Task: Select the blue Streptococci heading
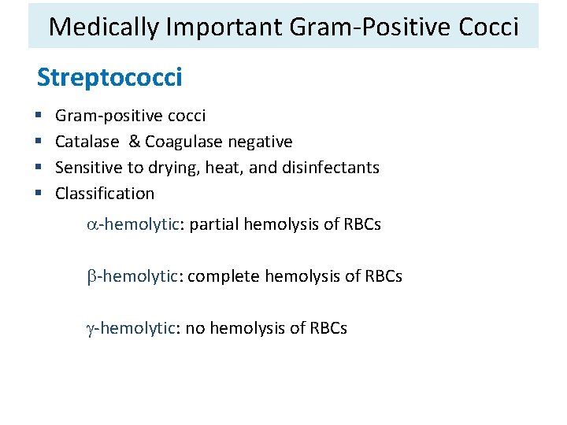pyautogui.click(x=109, y=78)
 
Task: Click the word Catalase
pyautogui.click(x=87, y=142)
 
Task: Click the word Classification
pyautogui.click(x=105, y=194)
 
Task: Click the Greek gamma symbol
pyautogui.click(x=91, y=328)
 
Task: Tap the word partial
pyautogui.click(x=214, y=225)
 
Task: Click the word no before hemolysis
pyautogui.click(x=194, y=328)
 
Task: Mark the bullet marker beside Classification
pyautogui.click(x=40, y=194)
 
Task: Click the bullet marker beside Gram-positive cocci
pyautogui.click(x=40, y=116)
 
